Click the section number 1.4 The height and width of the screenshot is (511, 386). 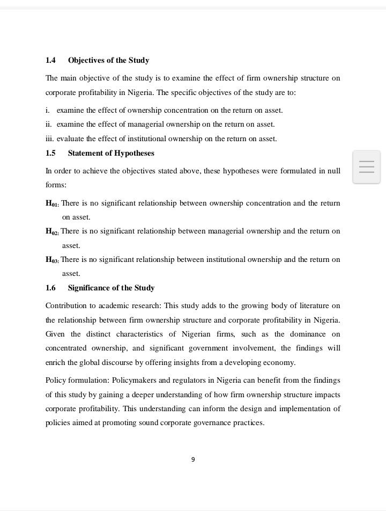coord(50,60)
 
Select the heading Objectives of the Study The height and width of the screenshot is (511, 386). coord(108,60)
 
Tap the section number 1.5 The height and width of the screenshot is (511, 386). coord(50,153)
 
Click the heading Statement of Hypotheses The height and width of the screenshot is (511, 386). coord(111,153)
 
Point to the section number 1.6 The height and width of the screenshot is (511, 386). coord(50,288)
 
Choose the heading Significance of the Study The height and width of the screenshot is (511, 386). coord(111,288)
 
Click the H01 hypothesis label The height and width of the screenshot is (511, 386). coord(52,204)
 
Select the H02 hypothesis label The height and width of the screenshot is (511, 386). coord(52,232)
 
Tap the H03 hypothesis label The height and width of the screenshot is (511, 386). coord(52,260)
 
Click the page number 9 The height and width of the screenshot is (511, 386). coord(193,459)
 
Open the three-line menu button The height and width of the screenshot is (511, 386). coord(367,167)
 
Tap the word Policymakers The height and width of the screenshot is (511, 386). coord(134,381)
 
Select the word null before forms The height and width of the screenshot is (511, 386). coord(333,171)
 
